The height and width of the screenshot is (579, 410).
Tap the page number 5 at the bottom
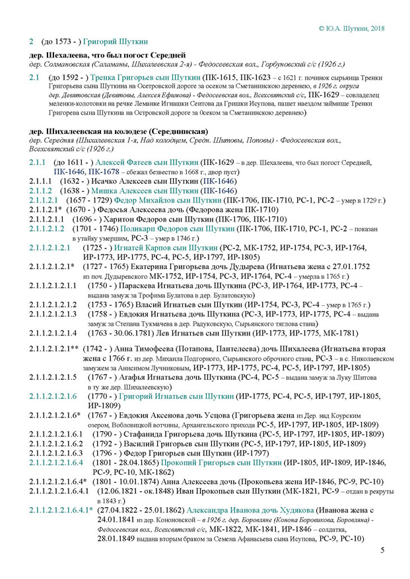tap(382, 549)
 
